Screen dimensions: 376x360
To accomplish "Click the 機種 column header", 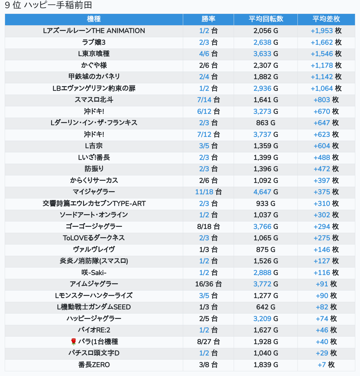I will click(94, 19).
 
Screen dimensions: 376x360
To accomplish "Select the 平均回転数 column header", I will click(266, 19).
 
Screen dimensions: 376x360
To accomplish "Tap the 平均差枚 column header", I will click(326, 19).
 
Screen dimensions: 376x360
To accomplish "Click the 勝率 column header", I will click(208, 19).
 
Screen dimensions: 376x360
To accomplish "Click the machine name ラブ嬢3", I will click(94, 42).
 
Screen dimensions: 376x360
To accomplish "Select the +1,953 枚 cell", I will click(326, 31).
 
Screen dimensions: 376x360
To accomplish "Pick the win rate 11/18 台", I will click(208, 192).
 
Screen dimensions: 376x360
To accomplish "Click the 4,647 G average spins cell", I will click(266, 192).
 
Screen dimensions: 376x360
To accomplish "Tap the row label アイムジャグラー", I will click(94, 284).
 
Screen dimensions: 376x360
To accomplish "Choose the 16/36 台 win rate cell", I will click(208, 284).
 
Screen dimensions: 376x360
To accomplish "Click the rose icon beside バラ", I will click(74, 342).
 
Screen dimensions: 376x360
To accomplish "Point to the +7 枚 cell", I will click(326, 365).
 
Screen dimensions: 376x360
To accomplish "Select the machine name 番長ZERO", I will click(94, 365).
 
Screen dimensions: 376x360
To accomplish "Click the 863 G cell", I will click(266, 123).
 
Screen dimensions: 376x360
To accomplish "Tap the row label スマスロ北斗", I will click(94, 100).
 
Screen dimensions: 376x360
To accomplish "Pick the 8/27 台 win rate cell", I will click(208, 342).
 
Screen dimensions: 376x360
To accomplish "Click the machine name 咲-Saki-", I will click(94, 273).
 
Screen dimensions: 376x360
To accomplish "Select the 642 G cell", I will click(266, 307).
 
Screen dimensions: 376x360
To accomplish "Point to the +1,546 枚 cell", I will click(326, 54).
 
